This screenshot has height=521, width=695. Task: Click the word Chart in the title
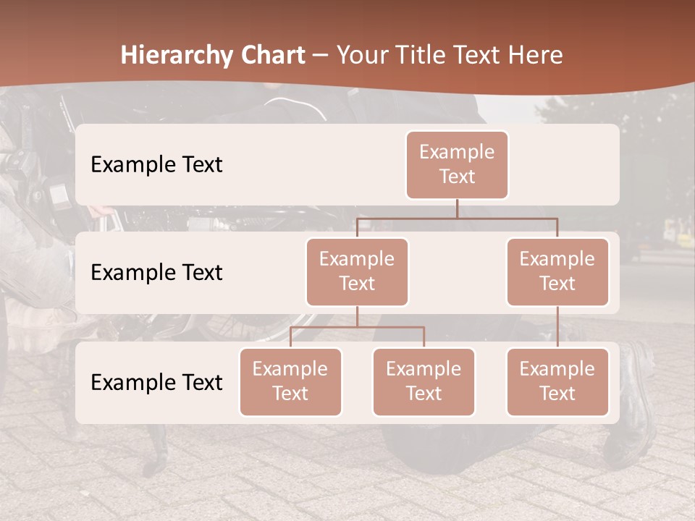click(272, 56)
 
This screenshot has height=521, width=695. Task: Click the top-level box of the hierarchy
click(457, 165)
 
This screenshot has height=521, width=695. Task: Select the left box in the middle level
click(357, 272)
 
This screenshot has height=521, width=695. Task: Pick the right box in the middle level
click(557, 272)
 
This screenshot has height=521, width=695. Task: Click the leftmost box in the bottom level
click(290, 382)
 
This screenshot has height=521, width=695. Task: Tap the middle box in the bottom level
click(424, 382)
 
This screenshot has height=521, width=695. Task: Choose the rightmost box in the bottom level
click(557, 382)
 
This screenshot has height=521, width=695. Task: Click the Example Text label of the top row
click(156, 165)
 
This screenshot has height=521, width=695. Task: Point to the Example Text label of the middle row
click(156, 273)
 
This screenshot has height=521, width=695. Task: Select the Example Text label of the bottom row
click(156, 382)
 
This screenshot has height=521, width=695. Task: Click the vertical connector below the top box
click(457, 208)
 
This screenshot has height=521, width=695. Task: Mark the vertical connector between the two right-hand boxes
click(557, 327)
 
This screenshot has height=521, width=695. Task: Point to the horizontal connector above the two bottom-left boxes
click(357, 327)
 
